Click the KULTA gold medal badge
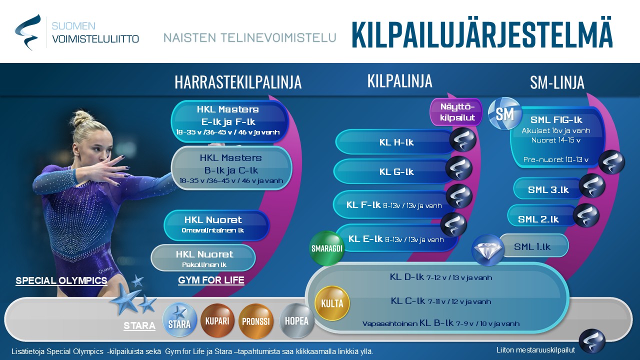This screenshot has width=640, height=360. (332, 303)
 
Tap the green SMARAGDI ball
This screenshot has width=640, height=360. (327, 248)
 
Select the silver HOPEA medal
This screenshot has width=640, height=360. (296, 320)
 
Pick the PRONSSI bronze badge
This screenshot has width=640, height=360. (256, 321)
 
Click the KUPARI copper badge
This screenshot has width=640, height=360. (217, 320)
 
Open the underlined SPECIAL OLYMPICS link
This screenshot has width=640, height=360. (61, 280)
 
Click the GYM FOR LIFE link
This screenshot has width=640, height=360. (211, 280)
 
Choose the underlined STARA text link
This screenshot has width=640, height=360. (139, 325)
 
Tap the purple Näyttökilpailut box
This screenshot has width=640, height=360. (456, 112)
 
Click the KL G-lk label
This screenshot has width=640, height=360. (396, 171)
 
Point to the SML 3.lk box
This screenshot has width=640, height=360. (548, 189)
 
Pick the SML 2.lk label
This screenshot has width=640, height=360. (538, 219)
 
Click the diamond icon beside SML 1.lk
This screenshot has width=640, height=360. (488, 249)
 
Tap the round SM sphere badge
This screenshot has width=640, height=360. (505, 113)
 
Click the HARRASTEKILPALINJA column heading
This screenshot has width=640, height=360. (238, 82)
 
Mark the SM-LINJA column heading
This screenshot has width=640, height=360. (557, 82)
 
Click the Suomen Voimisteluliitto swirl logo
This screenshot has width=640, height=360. (28, 32)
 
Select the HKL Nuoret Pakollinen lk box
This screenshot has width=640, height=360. (203, 257)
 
